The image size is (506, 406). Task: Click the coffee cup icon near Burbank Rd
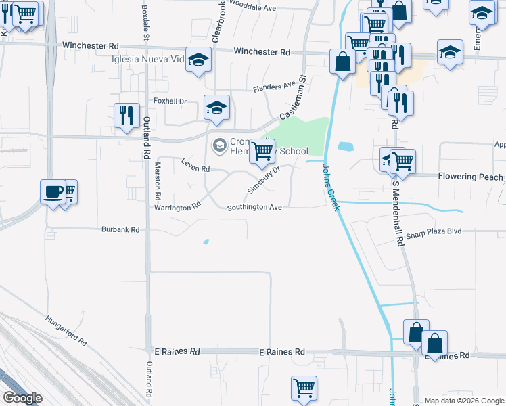[53, 192]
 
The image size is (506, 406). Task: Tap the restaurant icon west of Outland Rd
[127, 116]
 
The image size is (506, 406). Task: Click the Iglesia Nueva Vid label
[149, 60]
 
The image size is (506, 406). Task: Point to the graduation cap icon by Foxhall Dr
[216, 108]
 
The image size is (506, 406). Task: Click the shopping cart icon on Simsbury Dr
[262, 152]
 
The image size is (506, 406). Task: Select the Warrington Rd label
[178, 207]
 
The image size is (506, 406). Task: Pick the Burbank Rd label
[120, 230]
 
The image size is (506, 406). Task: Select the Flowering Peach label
[470, 177]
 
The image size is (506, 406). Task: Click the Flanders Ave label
[275, 87]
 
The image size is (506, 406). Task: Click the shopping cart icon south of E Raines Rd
[304, 388]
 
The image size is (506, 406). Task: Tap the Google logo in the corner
[22, 397]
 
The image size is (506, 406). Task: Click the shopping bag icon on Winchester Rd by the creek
[343, 62]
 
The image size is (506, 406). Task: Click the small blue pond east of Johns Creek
[344, 146]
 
